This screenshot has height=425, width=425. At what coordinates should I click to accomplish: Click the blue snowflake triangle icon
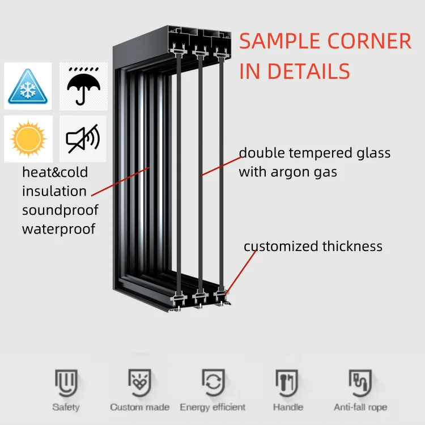[x=27, y=86]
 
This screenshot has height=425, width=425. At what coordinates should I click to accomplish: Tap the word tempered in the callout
[x=317, y=153]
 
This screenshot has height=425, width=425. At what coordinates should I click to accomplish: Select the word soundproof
[x=60, y=210]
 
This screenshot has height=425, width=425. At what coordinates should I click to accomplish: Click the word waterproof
[x=59, y=229]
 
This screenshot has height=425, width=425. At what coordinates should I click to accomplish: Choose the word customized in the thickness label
[x=281, y=246]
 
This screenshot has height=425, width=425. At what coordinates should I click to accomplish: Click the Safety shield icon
[x=66, y=383]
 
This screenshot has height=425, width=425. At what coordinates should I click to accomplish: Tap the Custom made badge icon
[x=139, y=383]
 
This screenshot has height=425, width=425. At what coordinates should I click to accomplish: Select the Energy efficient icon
[x=212, y=383]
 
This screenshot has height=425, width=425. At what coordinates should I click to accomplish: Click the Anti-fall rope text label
[x=360, y=407]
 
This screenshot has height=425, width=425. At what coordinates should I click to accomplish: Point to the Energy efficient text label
[x=212, y=407]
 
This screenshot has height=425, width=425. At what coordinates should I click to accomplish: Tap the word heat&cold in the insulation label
[x=55, y=172]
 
